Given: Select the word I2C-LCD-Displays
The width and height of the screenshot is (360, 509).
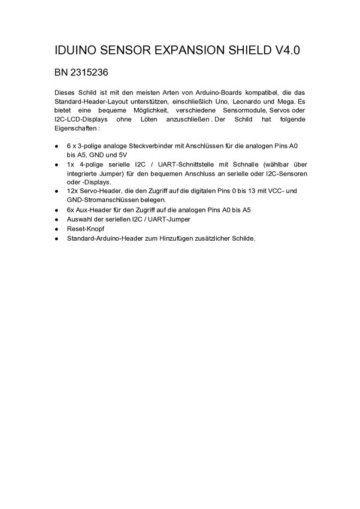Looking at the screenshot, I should tap(80, 119).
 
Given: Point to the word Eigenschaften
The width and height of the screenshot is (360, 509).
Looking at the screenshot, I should tap(75, 128).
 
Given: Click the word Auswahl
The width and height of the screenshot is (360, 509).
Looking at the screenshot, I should tap(80, 220).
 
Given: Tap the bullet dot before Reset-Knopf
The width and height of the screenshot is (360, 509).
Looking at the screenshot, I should tap(56, 229).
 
